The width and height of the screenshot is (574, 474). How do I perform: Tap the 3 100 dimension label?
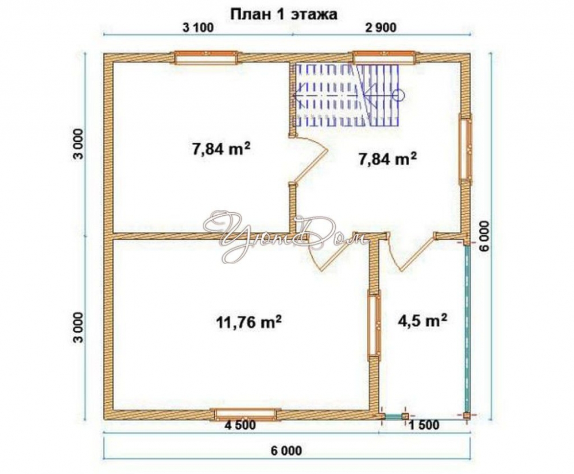(x=197, y=28)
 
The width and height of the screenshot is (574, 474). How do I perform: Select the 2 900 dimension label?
(x=381, y=28)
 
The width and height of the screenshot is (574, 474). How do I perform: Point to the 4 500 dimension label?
(x=241, y=425)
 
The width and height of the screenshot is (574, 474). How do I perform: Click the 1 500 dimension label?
(x=424, y=425)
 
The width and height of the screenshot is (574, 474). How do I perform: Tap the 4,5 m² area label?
(x=422, y=321)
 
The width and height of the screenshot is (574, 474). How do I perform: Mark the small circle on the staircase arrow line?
(x=398, y=95)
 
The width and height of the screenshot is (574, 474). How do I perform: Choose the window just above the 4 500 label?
(x=246, y=414)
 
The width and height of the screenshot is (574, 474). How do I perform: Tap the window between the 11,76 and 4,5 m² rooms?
(x=374, y=323)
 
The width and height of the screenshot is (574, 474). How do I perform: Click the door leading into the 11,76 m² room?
(x=329, y=252)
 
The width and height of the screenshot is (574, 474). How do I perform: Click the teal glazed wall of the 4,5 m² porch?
(x=467, y=329)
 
